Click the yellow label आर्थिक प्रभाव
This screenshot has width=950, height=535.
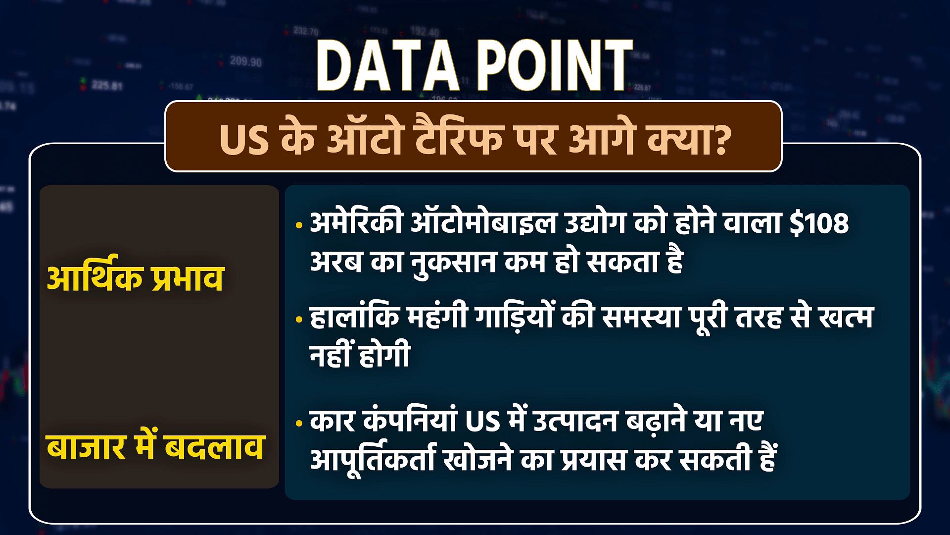134,278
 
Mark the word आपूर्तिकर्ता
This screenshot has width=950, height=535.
373,460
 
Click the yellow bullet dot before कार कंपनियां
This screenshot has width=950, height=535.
298,424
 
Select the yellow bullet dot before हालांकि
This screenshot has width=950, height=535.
298,320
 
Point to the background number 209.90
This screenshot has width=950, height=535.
246,62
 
